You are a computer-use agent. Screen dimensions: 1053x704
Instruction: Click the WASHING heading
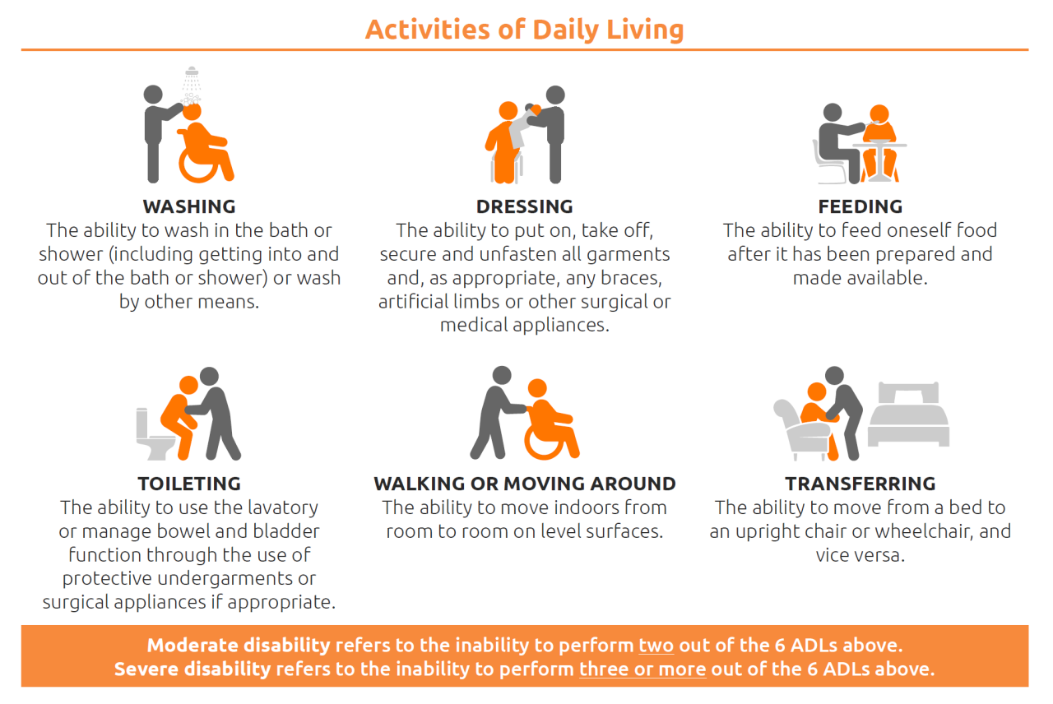pyautogui.click(x=189, y=206)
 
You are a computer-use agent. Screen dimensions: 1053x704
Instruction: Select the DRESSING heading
pyautogui.click(x=525, y=206)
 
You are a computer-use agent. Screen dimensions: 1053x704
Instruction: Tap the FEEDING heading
pyautogui.click(x=860, y=206)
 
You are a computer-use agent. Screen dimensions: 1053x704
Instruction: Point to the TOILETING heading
pyautogui.click(x=189, y=484)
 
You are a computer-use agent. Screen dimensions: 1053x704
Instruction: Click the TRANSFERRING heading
pyautogui.click(x=860, y=484)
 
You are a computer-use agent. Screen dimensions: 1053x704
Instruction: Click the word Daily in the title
pyautogui.click(x=565, y=30)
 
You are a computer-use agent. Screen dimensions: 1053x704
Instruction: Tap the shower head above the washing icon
pyautogui.click(x=192, y=72)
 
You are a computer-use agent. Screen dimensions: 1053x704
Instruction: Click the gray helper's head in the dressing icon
pyautogui.click(x=555, y=95)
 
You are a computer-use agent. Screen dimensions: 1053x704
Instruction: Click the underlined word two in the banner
pyautogui.click(x=656, y=646)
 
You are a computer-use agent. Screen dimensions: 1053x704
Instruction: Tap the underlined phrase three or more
pyautogui.click(x=642, y=669)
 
